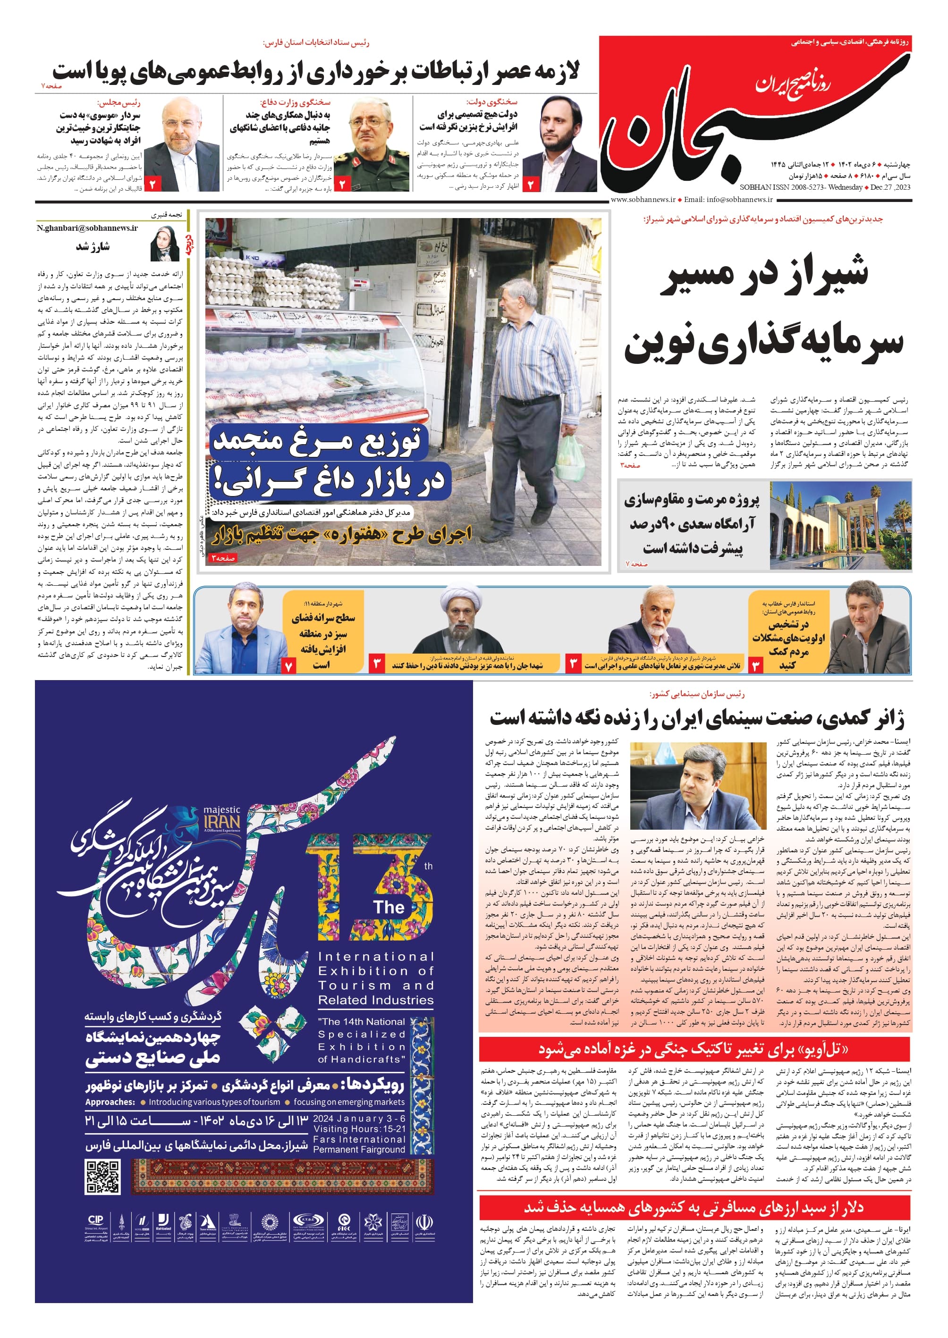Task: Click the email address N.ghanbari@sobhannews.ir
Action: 87,228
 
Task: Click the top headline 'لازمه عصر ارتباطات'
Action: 315,72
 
